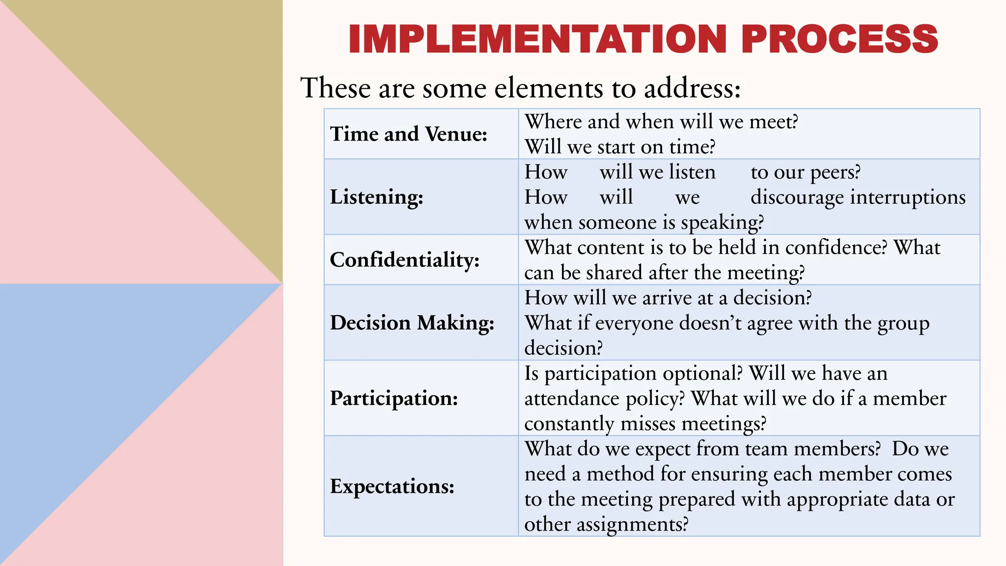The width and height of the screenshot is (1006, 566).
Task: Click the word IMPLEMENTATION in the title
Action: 537,39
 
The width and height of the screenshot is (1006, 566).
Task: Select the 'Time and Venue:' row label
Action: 409,134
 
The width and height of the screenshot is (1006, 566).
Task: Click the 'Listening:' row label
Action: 377,197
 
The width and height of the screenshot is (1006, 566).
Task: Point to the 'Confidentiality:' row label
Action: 405,260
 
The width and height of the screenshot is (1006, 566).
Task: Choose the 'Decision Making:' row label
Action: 412,323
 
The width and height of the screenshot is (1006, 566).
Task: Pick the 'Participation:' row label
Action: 394,398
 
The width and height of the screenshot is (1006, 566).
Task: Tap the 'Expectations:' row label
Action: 392,486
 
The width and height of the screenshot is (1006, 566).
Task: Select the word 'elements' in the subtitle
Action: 549,88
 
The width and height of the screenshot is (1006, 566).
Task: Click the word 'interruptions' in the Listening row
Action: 908,198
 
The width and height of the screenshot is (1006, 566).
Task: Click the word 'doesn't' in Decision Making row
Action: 707,323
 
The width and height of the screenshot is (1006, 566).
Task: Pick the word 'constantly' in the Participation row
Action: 569,424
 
